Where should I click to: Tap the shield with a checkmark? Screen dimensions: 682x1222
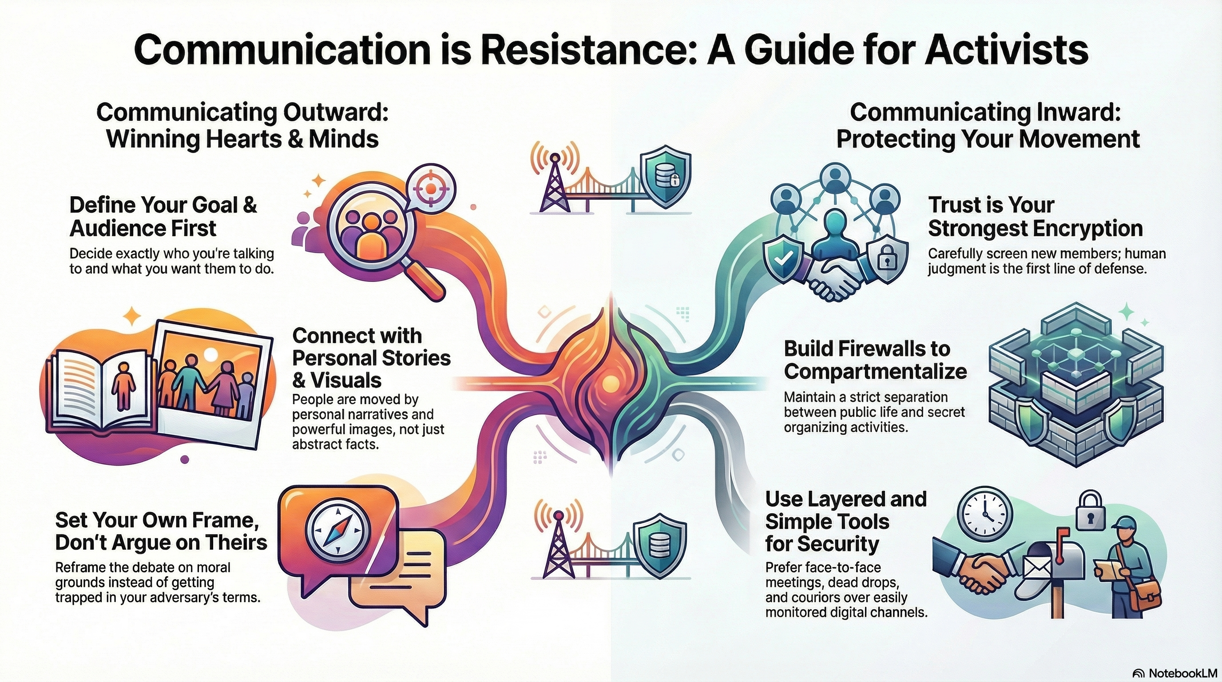click(x=783, y=259)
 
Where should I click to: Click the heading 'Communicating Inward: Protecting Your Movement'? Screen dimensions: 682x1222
click(x=988, y=126)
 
